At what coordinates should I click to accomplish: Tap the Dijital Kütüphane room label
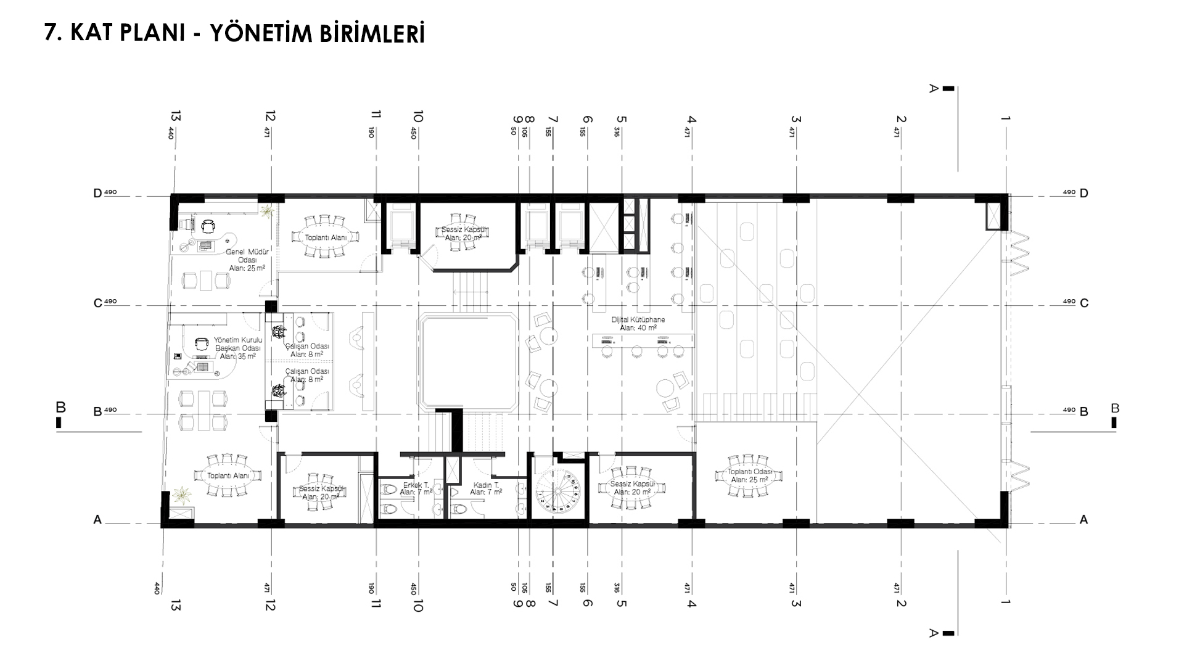(638, 324)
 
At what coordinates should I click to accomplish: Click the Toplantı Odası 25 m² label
(749, 476)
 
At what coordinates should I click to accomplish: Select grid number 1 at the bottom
(1006, 601)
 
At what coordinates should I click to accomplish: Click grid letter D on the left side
(97, 194)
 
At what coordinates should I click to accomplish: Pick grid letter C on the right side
(1084, 303)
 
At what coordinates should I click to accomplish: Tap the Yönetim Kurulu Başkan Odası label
(238, 348)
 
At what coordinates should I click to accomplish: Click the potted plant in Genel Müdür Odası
(267, 212)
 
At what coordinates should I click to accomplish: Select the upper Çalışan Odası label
(307, 350)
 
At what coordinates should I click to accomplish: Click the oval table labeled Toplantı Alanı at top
(325, 237)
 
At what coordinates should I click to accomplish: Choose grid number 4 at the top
(691, 120)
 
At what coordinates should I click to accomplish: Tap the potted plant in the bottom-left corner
(182, 493)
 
